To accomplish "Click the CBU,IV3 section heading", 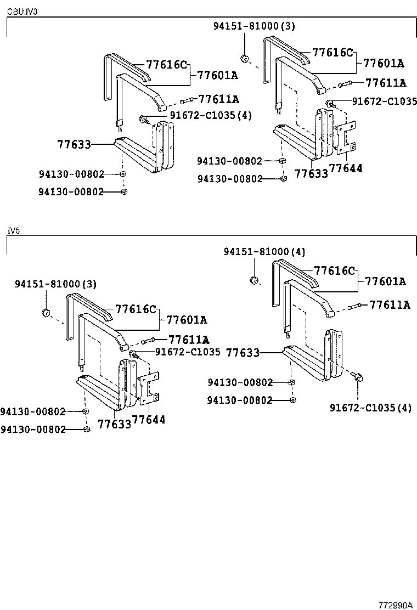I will [x=22, y=11].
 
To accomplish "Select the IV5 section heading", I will [x=13, y=230].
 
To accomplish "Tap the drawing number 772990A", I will [x=395, y=605].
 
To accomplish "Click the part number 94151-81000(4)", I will [x=264, y=251].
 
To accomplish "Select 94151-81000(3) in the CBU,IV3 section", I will [x=254, y=26].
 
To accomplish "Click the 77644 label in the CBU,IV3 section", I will [x=346, y=168].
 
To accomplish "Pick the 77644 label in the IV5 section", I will [x=149, y=420].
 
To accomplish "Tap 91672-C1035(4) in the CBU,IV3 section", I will [x=202, y=115].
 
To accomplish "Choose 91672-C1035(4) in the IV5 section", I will [x=370, y=407].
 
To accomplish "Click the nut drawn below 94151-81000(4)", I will [x=254, y=281].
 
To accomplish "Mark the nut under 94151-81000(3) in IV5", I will [x=46, y=313].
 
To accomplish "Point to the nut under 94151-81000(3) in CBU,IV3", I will [x=245, y=58].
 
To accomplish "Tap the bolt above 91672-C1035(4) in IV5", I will [x=357, y=377].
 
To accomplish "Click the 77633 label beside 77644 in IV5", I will [x=114, y=424].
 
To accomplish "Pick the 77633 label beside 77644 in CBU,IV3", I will [x=311, y=173].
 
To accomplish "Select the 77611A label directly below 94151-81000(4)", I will [x=390, y=305].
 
